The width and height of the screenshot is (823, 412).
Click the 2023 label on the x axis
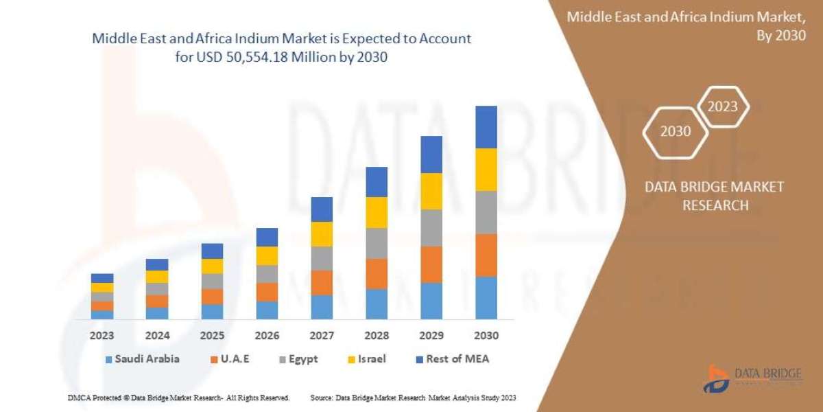pyautogui.click(x=102, y=336)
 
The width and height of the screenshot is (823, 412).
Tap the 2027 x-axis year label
pyautogui.click(x=322, y=336)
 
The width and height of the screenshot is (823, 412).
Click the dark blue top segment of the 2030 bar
pyautogui.click(x=486, y=127)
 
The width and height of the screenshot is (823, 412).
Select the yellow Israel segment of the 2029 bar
pyautogui.click(x=431, y=191)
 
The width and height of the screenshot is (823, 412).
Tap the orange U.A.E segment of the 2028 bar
pyautogui.click(x=377, y=273)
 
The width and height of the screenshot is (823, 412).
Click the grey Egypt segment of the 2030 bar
pyautogui.click(x=486, y=212)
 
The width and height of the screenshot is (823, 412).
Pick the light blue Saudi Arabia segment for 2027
pyautogui.click(x=322, y=307)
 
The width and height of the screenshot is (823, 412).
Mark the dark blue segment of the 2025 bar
pyautogui.click(x=212, y=251)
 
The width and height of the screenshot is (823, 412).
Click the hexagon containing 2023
pyautogui.click(x=722, y=106)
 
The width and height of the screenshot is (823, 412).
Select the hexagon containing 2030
pyautogui.click(x=676, y=130)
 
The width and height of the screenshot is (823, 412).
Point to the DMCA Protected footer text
pyautogui.click(x=178, y=398)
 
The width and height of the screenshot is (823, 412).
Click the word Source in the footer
pyautogui.click(x=322, y=398)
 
